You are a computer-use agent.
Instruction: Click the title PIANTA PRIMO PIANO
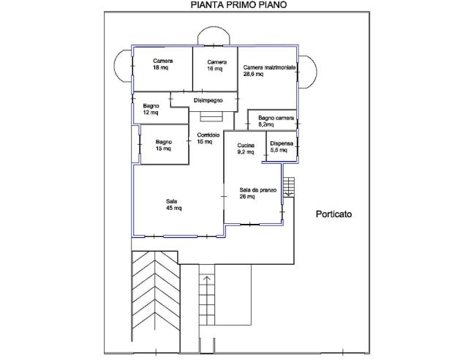(x=238, y=5)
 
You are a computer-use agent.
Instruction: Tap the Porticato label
(x=334, y=214)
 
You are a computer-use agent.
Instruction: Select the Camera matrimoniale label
(x=269, y=67)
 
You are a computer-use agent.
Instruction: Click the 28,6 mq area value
(x=253, y=74)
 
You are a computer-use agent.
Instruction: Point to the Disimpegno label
(x=208, y=100)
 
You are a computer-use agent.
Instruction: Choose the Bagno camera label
(x=276, y=118)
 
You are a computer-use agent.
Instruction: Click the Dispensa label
(x=282, y=143)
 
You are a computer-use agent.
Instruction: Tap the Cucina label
(x=246, y=146)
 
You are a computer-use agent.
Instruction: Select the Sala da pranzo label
(x=258, y=190)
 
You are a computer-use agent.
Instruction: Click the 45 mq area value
(x=174, y=208)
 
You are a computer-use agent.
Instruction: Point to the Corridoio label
(x=208, y=135)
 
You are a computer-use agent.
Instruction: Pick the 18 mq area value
(x=160, y=67)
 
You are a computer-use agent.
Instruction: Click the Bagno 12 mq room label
(x=151, y=109)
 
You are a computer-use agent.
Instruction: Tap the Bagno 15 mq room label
(x=164, y=145)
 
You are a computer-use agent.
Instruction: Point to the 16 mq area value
(x=215, y=69)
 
